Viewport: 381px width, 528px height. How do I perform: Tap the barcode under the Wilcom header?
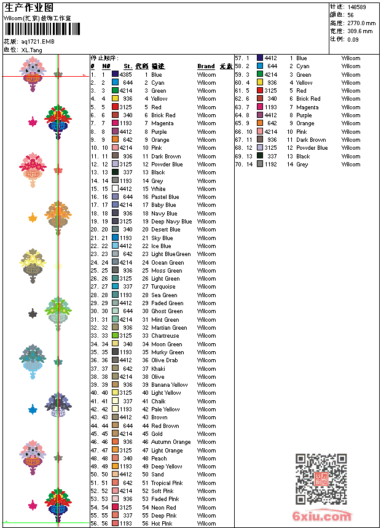point(37,29)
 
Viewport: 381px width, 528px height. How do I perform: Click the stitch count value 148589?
point(356,7)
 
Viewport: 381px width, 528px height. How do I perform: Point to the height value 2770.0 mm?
point(361,23)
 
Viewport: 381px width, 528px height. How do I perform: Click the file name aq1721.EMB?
point(37,42)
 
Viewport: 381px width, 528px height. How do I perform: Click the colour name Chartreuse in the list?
point(167,336)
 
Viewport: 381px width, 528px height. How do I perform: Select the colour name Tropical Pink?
point(167,483)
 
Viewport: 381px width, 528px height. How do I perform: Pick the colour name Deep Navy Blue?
point(171,222)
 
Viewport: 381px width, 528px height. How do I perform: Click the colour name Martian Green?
point(169,328)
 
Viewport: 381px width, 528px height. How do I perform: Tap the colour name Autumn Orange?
point(171,442)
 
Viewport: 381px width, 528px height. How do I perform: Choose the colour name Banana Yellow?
point(170,385)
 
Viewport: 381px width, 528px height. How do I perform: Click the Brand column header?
point(206,66)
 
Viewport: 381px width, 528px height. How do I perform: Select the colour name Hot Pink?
point(162,524)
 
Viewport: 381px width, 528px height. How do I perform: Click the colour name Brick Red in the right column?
point(308,99)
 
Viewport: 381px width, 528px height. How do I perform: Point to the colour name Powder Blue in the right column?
point(312,148)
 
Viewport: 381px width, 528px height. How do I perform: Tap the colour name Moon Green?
point(167,344)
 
